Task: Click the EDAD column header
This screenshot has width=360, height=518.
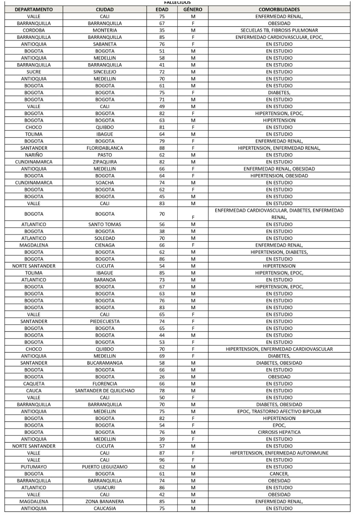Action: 162,9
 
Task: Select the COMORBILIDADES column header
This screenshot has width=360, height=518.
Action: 279,9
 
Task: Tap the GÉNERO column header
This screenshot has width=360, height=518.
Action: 193,9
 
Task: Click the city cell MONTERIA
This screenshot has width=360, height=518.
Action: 104,30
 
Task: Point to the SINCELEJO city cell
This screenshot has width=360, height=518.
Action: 104,72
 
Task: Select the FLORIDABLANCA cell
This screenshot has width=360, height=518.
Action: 104,148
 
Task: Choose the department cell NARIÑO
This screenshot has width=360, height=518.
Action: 34,155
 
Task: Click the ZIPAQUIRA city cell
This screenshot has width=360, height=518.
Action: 104,162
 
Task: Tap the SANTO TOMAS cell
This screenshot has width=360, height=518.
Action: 104,224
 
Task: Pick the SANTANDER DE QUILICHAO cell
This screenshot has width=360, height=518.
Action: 104,391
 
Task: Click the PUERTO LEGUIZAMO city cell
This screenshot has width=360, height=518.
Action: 104,467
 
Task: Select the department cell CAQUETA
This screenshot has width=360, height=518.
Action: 34,384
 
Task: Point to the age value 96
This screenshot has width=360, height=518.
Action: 162,460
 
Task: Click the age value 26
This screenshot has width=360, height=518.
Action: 162,377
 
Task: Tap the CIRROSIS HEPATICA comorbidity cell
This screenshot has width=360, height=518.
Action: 279,432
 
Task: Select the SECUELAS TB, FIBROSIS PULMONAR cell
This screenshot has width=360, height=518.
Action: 279,30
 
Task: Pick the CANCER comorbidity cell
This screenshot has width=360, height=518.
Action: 279,474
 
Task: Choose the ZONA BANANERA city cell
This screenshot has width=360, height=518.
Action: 104,502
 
